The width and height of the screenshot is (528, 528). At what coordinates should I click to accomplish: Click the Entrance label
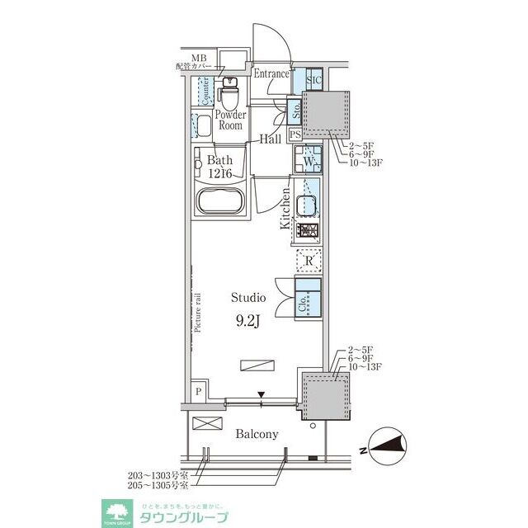271,74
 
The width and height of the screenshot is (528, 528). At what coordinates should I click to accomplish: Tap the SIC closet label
313,80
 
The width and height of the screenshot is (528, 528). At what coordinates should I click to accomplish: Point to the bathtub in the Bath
219,200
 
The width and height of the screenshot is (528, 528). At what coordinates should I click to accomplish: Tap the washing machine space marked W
309,161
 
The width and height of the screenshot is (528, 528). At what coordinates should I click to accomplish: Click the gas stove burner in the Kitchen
308,232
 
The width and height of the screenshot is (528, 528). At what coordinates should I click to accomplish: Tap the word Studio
247,297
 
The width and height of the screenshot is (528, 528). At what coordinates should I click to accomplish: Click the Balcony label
257,434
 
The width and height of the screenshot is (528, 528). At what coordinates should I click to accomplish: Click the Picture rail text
198,309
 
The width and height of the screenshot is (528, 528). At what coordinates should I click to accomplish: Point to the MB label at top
199,58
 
